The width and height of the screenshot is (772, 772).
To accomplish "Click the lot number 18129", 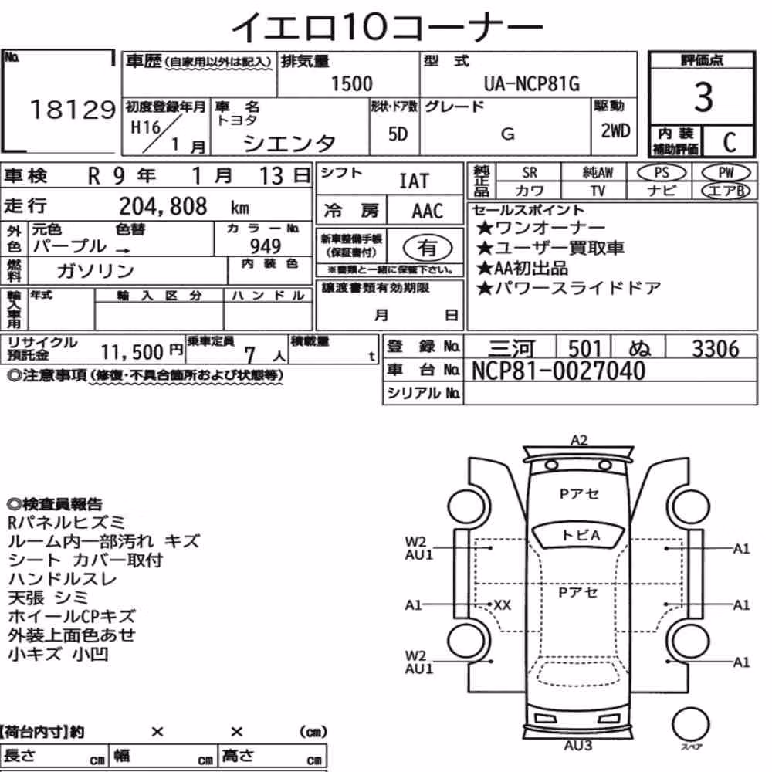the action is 73,110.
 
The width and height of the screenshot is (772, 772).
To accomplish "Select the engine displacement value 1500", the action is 351,83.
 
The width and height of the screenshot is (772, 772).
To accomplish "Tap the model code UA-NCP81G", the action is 532,83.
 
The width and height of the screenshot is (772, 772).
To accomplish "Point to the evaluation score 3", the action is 703,97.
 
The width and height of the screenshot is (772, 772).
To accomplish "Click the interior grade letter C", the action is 730,142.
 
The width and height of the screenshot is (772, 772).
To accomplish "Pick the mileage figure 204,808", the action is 163,206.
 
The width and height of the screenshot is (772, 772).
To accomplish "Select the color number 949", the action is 266,245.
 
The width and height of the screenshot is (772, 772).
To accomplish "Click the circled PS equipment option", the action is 662,173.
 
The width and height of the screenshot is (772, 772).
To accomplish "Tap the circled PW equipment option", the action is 726,173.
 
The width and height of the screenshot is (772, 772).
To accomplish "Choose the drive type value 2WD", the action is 615,130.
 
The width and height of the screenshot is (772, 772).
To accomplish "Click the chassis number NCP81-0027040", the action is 558,371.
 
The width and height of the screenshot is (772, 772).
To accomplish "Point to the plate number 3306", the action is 716,349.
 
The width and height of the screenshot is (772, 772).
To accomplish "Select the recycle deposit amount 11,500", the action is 133,351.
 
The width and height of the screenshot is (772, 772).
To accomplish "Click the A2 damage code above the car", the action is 579,440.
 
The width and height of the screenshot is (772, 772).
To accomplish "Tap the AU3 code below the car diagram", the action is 578,745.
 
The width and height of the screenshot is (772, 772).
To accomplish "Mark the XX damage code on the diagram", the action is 503,604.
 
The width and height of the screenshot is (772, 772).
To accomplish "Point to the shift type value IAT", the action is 414,181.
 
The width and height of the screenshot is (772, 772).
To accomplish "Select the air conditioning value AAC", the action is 428,212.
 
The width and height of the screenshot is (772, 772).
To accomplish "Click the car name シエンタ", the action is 289,144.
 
